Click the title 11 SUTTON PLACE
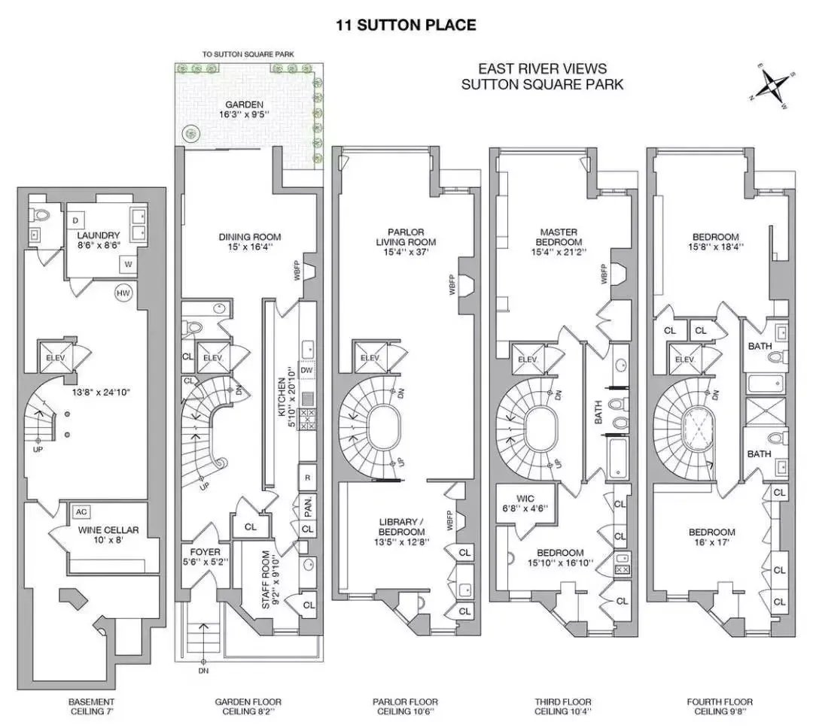406,25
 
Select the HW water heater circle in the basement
123,293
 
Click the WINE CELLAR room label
108,530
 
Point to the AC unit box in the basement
81,512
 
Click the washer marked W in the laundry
128,264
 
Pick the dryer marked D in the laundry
76,221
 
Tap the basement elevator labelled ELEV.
56,357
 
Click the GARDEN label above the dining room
244,104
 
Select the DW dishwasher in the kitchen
306,370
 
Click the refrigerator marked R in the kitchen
307,478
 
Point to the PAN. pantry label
307,507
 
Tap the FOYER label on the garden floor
205,552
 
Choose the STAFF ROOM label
266,580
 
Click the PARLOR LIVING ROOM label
406,237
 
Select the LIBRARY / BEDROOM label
401,527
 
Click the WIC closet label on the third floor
525,499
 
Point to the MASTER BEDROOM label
559,237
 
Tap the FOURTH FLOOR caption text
720,702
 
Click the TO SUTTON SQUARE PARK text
248,54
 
